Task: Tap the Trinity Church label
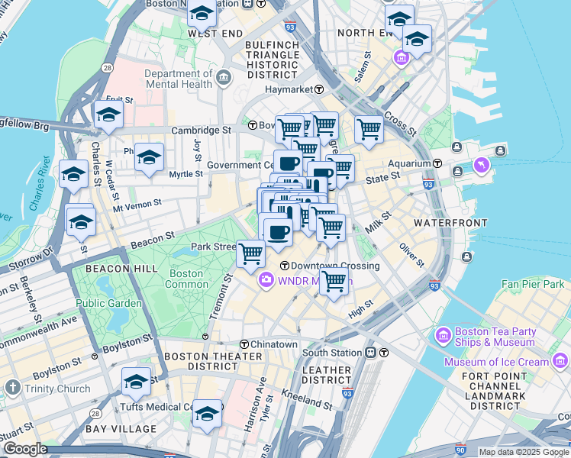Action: [57, 389]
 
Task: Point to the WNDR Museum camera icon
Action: [266, 281]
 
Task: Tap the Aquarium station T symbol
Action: [437, 163]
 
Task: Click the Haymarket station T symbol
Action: [319, 89]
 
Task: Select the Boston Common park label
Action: [187, 279]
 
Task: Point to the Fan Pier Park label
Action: [532, 284]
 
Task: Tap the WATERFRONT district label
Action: [450, 222]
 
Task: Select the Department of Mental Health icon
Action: [224, 77]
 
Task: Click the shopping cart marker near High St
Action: [334, 280]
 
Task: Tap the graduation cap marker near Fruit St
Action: [109, 114]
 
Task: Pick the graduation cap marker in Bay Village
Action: [206, 413]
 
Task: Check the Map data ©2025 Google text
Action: [524, 452]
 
